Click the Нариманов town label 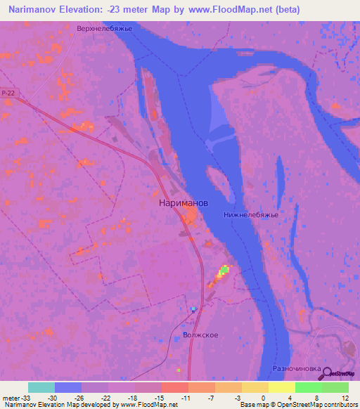(179, 202)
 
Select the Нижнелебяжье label (251, 214)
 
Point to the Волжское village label (200, 335)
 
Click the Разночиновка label (296, 368)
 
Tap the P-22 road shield (8, 93)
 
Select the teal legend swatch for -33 (41, 387)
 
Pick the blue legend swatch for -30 (68, 387)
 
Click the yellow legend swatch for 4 (282, 387)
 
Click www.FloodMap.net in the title (226, 10)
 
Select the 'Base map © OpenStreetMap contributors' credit (297, 405)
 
